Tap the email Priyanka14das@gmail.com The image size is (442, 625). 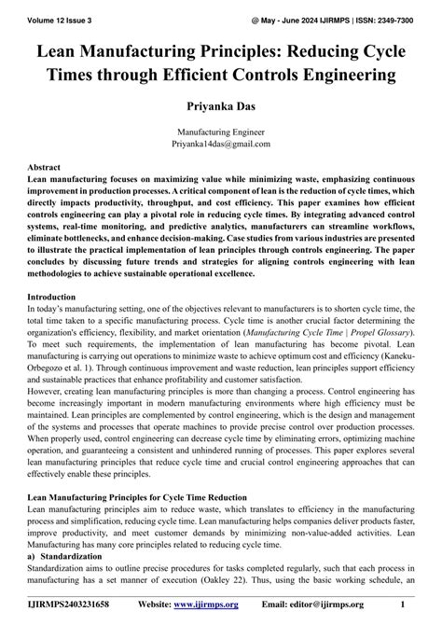220,145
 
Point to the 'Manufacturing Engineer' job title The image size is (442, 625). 220,132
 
